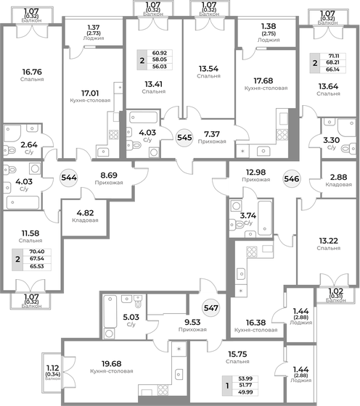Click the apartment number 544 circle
coord(70,176)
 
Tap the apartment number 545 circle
coord(185,135)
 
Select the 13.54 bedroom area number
coord(209,70)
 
